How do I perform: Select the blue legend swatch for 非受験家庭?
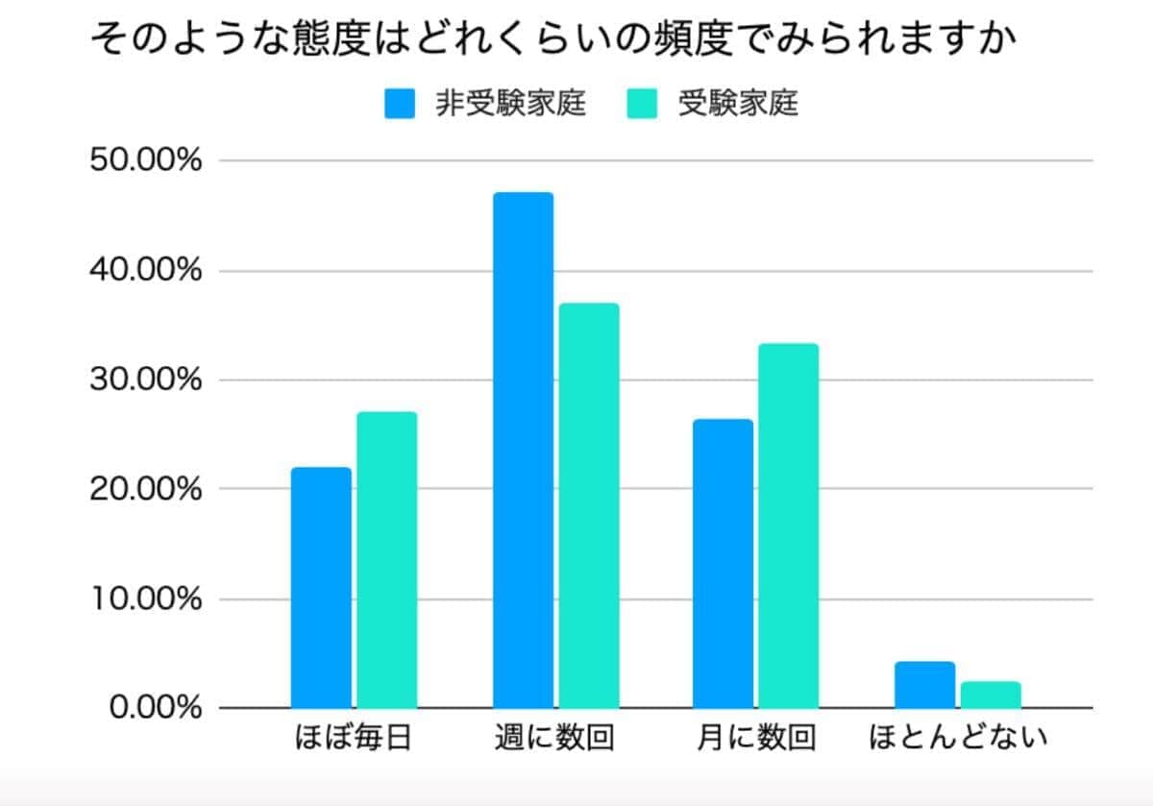400,103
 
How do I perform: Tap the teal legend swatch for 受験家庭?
642,103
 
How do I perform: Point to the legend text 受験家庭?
738,103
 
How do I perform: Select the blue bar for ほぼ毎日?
321,588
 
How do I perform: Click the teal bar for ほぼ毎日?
386,560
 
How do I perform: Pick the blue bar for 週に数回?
524,451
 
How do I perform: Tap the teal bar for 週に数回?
589,505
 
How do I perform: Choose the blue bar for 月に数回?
724,564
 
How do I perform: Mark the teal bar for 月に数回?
789,525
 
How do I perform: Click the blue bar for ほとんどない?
924,685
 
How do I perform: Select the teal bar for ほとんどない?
991,695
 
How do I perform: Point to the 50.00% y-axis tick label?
146,160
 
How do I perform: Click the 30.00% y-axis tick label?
146,379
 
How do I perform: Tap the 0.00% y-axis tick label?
155,708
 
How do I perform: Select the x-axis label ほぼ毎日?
353,739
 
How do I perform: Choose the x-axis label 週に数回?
554,739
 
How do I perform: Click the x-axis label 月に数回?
755,739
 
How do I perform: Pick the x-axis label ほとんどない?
958,739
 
